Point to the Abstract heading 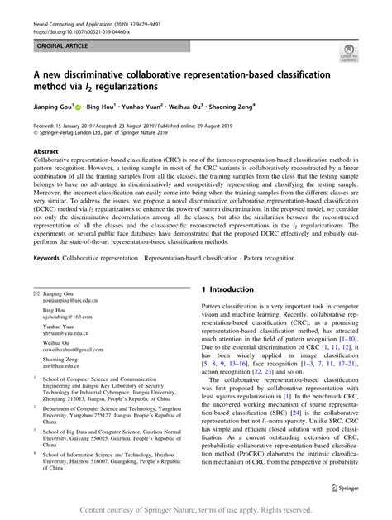[45, 152]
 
